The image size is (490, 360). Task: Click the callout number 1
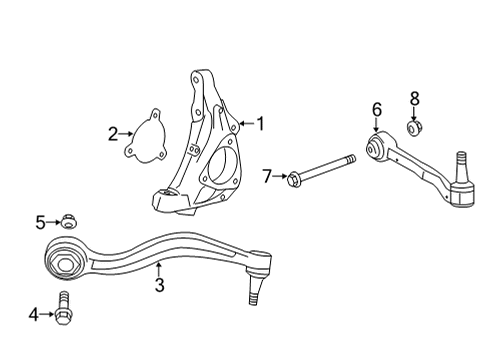260,124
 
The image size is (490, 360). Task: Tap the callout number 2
115,132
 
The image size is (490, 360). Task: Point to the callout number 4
34,315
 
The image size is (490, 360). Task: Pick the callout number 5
41,222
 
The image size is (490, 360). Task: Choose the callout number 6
376,109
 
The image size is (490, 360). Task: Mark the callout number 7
268,177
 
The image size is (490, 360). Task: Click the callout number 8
415,98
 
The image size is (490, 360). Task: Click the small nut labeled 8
414,128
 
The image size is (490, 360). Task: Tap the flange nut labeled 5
68,222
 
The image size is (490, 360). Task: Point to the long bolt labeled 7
325,169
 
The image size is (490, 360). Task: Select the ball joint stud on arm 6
462,160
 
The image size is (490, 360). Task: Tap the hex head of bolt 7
293,179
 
